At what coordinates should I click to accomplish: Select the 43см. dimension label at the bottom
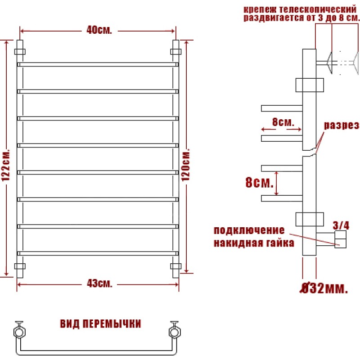click(99, 283)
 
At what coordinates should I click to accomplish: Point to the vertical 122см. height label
click(6, 165)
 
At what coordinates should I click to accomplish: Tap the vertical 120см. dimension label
click(185, 164)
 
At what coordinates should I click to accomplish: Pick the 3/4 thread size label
click(341, 225)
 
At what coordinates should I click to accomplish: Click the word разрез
click(341, 126)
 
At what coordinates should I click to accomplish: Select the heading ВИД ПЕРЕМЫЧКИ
click(100, 324)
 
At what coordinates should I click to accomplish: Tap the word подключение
click(249, 230)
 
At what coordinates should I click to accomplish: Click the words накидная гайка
click(254, 243)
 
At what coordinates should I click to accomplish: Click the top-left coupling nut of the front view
click(20, 52)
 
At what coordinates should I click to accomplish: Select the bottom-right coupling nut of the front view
click(176, 266)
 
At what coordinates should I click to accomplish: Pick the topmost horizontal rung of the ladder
click(98, 64)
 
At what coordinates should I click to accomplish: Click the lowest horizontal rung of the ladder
click(98, 253)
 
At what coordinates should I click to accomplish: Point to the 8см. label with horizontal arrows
click(283, 122)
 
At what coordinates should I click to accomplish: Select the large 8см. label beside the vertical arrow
click(260, 183)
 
